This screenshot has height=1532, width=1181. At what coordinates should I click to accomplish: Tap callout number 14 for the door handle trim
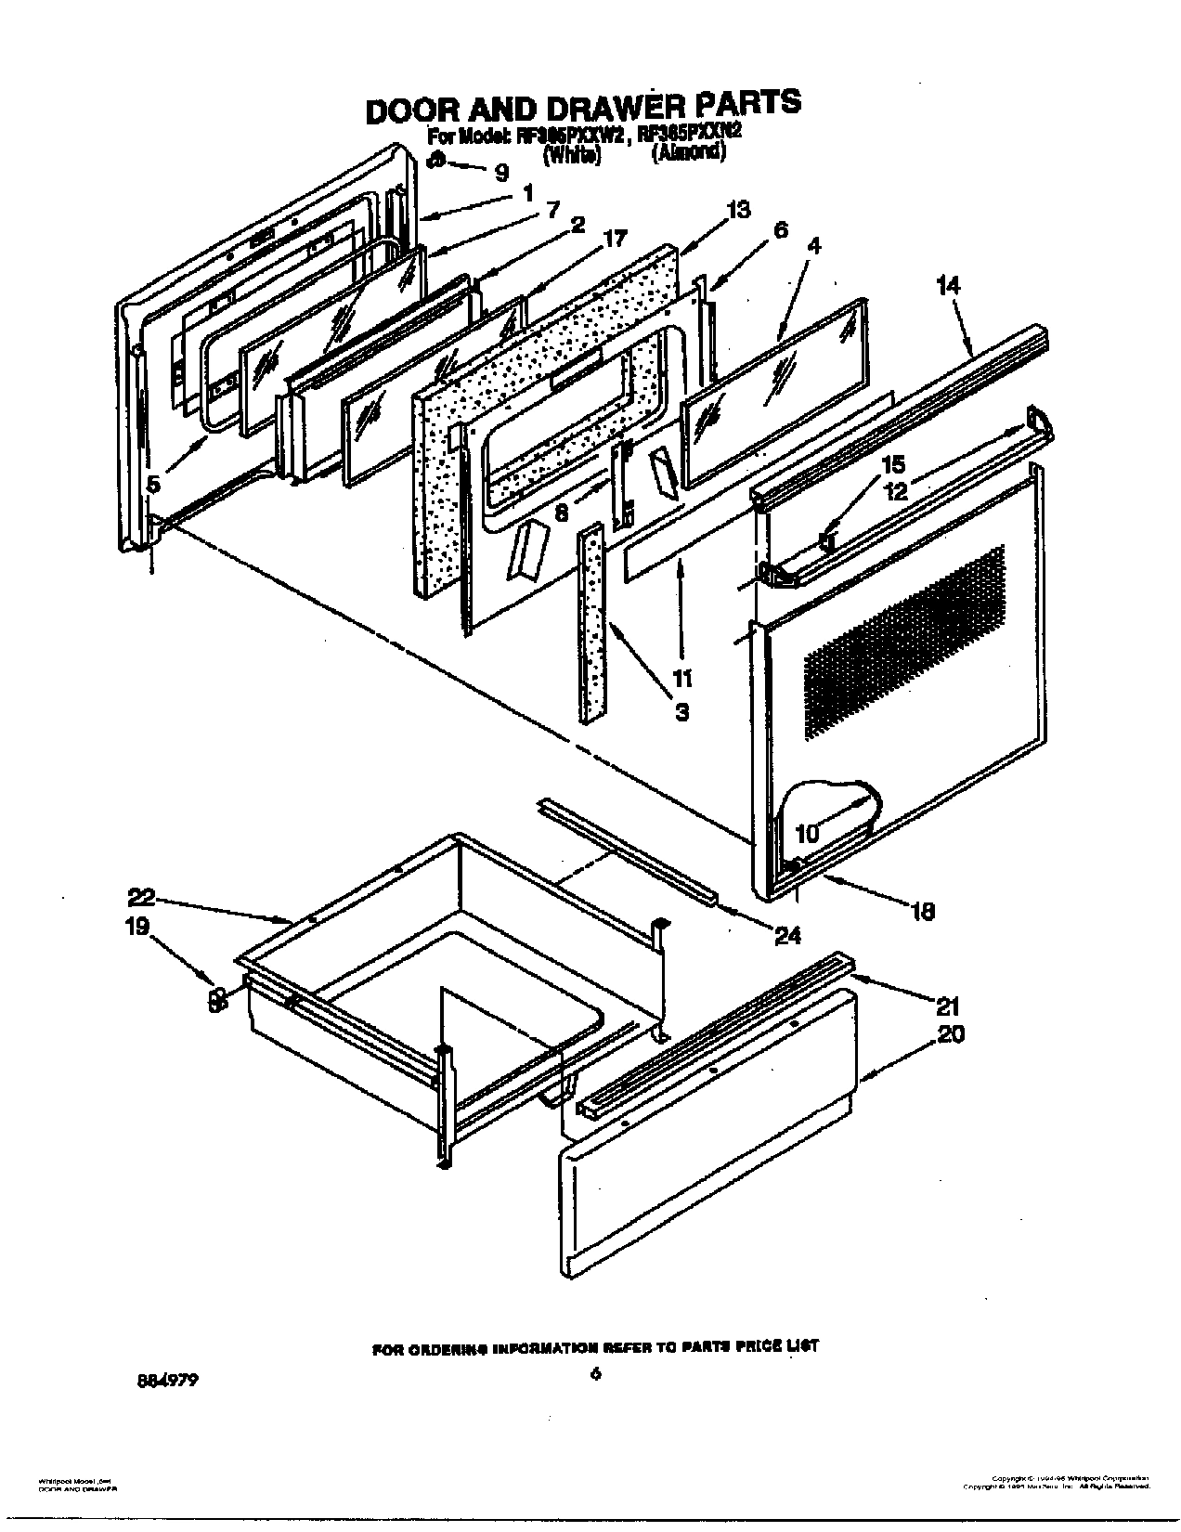click(949, 285)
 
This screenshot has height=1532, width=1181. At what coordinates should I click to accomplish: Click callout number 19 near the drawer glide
click(136, 927)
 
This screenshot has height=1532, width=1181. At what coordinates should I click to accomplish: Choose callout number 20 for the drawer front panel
click(951, 1032)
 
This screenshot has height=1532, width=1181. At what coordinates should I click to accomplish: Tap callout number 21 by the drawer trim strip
click(948, 1005)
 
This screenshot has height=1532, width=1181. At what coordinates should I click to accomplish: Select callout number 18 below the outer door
click(923, 912)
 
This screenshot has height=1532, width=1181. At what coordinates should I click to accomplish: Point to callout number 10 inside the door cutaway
click(808, 833)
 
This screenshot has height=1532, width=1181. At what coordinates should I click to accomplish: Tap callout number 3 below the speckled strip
click(681, 712)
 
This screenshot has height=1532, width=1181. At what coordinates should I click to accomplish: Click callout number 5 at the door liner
click(154, 483)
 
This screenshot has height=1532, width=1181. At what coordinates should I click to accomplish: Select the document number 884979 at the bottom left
click(168, 1380)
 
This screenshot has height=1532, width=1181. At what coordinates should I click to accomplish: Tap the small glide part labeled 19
click(216, 1001)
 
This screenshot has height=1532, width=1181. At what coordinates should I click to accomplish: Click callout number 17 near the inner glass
click(615, 238)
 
